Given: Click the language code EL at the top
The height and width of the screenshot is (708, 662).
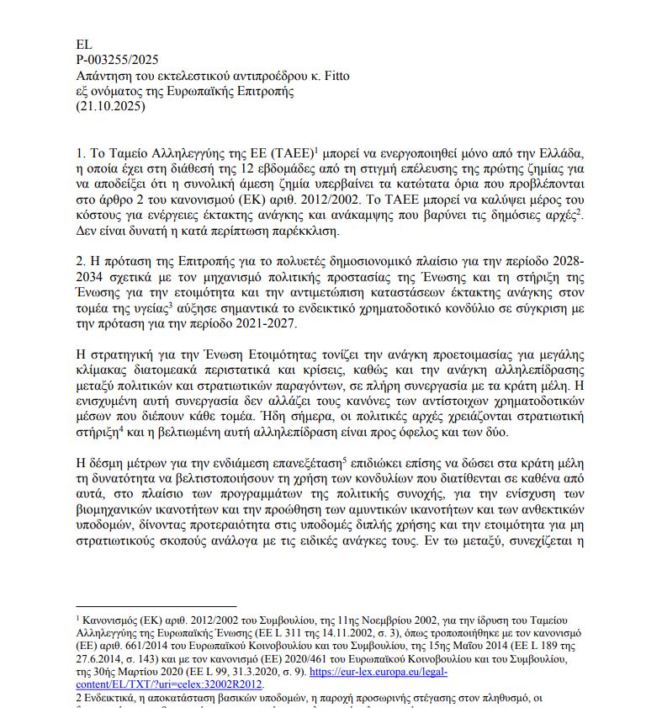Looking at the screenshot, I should pos(84,45).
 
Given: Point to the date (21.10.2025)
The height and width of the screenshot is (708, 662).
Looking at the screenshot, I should pos(111,108).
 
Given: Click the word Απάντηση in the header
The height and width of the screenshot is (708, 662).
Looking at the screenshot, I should pos(103,76).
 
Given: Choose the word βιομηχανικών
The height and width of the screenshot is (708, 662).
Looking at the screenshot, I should pos(117,510).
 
